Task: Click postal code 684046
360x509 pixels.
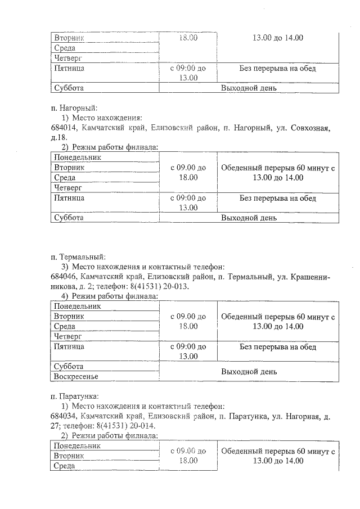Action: click(64, 277)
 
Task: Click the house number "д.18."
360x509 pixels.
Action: click(58, 137)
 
